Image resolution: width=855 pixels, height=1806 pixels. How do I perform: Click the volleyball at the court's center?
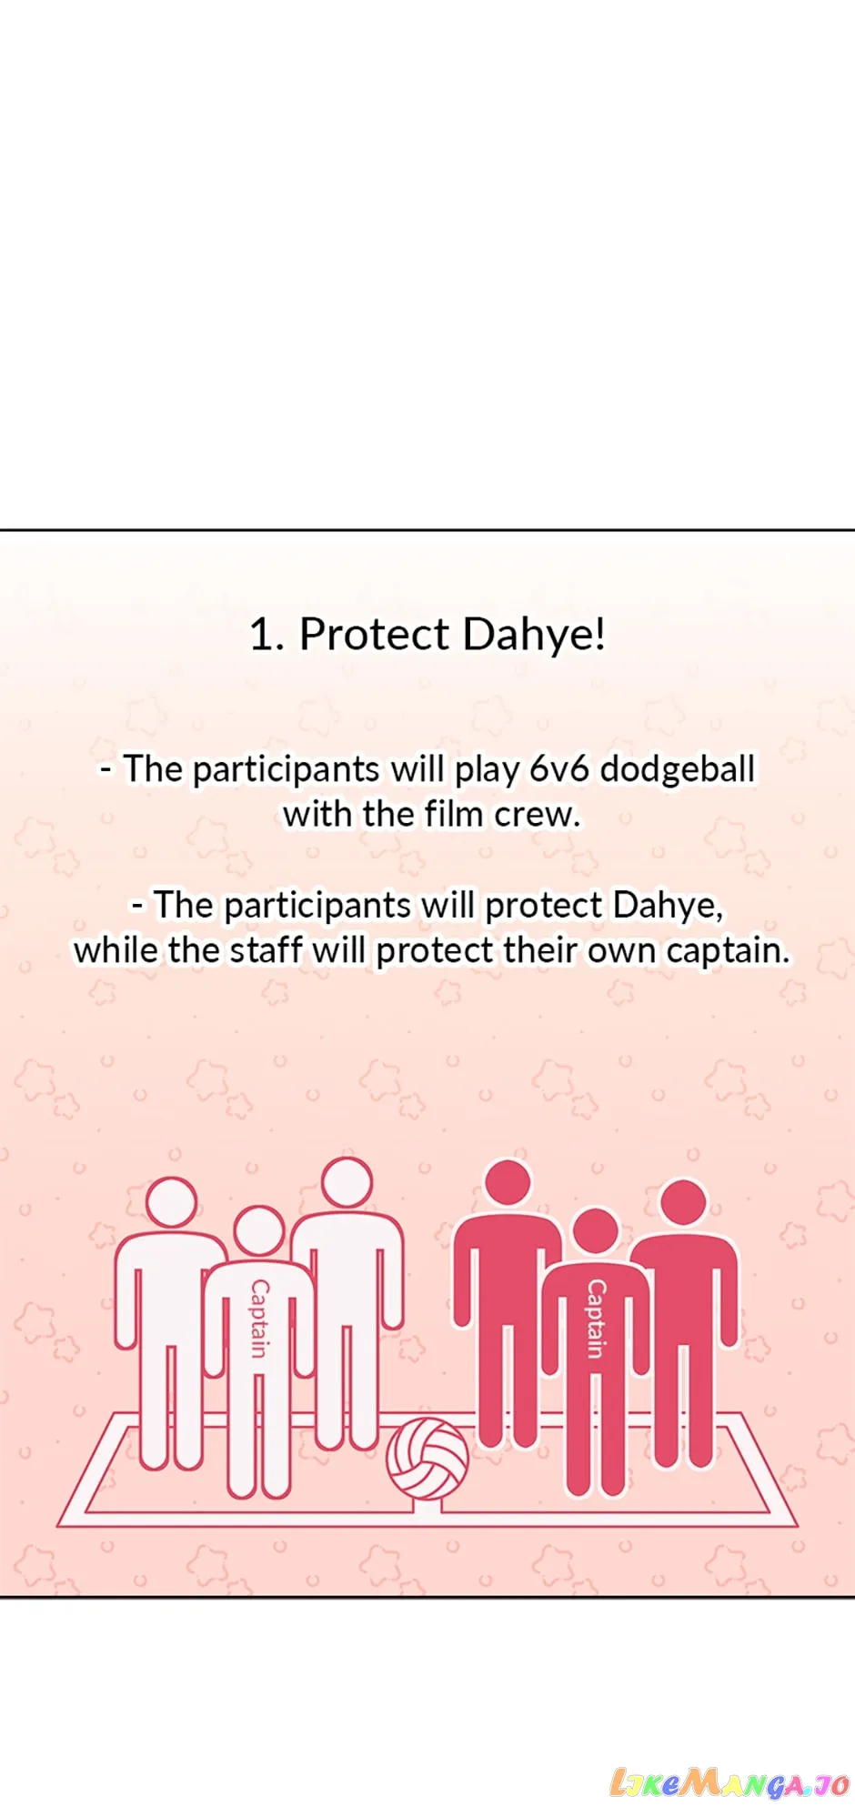pyautogui.click(x=427, y=1458)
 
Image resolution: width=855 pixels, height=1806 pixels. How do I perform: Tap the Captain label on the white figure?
pyautogui.click(x=260, y=1319)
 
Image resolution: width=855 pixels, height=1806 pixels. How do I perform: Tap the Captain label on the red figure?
pyautogui.click(x=596, y=1319)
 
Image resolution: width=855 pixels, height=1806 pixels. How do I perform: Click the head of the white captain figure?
pyautogui.click(x=259, y=1230)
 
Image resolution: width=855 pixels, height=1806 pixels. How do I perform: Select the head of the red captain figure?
pyautogui.click(x=596, y=1232)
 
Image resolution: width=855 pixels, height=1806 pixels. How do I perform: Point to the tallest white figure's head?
pyautogui.click(x=347, y=1182)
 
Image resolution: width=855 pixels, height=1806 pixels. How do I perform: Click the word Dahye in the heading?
pyautogui.click(x=535, y=635)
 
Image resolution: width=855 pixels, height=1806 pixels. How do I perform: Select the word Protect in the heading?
pyautogui.click(x=374, y=634)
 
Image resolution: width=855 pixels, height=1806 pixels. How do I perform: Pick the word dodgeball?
pyautogui.click(x=678, y=770)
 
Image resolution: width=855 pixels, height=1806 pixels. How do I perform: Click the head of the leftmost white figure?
pyautogui.click(x=171, y=1202)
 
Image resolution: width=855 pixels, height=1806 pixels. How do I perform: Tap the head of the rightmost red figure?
pyautogui.click(x=683, y=1202)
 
